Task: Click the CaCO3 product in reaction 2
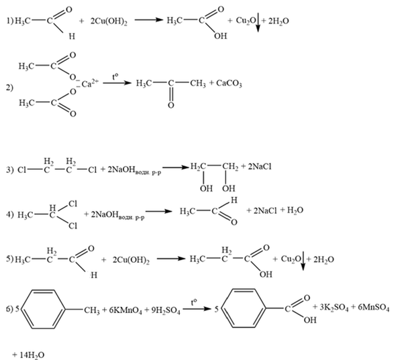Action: point(229,84)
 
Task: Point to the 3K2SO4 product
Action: point(334,308)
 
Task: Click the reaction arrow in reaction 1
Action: point(149,20)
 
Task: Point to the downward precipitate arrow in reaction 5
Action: point(303,261)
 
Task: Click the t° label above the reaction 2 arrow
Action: point(115,76)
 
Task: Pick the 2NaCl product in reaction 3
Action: point(260,167)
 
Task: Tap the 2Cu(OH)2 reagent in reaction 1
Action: point(109,21)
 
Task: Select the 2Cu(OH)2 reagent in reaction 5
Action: point(131,260)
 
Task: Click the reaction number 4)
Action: point(10,215)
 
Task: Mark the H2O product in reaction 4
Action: point(295,211)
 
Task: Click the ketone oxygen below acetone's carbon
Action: point(170,105)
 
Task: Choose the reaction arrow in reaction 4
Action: point(158,211)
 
